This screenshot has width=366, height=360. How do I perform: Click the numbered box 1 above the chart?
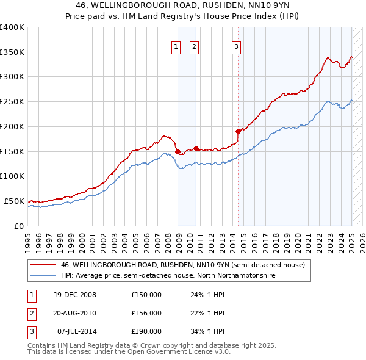coord(176,46)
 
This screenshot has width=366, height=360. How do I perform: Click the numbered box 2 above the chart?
coord(194,46)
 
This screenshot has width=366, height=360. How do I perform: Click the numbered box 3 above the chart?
coord(236,46)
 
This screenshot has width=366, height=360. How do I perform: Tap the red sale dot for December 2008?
coord(178,151)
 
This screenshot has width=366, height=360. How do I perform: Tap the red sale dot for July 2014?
coord(238,131)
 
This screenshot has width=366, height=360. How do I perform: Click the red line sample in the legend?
coord(43,265)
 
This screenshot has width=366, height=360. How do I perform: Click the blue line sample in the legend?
coord(43,275)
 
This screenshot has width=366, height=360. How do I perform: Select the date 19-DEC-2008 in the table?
coord(75,295)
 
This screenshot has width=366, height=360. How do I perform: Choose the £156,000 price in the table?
coord(146,313)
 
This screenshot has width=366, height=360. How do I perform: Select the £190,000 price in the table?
coord(146,331)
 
